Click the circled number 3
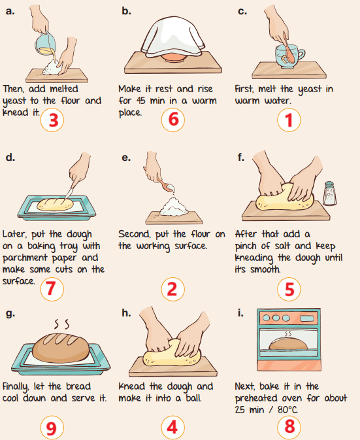[x=52, y=120]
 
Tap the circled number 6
[x=173, y=120]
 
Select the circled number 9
[x=52, y=428]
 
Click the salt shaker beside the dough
[x=329, y=194]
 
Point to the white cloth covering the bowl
[x=173, y=37]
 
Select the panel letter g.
[x=10, y=313]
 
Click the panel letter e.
[x=126, y=158]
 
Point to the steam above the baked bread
[x=61, y=324]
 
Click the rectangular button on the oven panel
[x=307, y=318]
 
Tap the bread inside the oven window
[x=288, y=344]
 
